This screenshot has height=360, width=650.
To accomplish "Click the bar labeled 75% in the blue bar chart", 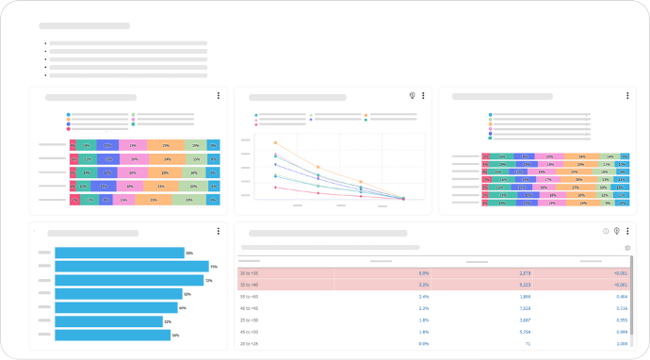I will point(132,267).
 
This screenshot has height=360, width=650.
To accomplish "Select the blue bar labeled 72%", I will point(129,280).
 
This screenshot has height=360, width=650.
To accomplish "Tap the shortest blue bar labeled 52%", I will point(109,321).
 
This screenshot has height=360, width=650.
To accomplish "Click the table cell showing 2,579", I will point(525,272).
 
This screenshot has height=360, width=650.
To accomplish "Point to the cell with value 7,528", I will point(525,308).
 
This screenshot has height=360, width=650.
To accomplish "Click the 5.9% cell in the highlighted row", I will point(424,272).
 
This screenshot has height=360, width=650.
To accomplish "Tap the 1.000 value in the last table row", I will point(621,344).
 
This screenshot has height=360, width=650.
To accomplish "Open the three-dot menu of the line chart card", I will point(424,96).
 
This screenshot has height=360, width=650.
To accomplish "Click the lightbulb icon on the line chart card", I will point(412,96).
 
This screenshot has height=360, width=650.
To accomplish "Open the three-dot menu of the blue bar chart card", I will point(219,232).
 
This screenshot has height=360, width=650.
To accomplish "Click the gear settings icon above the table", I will point(627,248).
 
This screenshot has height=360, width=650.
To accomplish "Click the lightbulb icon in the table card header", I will point(616,231).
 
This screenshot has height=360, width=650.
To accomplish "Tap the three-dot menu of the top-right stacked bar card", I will point(628,96).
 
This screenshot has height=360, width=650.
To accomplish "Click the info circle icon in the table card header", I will point(606,231).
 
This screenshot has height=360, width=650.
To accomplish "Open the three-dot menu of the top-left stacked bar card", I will point(219,96).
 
